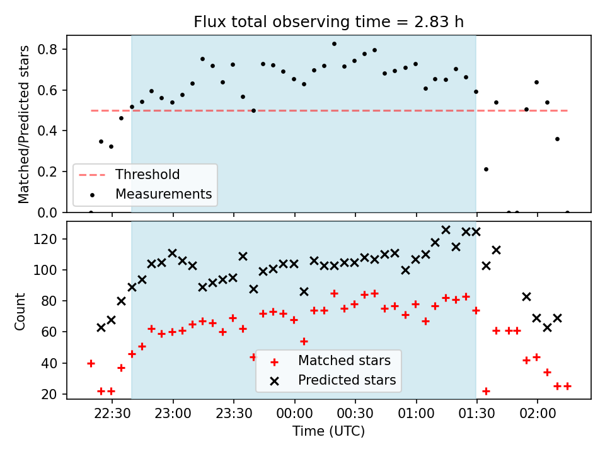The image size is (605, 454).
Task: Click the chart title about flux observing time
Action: [x=328, y=21]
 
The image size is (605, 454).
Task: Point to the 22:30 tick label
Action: [x=112, y=414]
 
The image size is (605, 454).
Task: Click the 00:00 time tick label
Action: [x=294, y=414]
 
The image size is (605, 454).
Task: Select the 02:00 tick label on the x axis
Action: [x=538, y=414]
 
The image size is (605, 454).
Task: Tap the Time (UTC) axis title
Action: [x=328, y=431]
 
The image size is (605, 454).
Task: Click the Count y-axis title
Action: [x=20, y=311]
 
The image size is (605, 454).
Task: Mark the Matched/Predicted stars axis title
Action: [x=23, y=124]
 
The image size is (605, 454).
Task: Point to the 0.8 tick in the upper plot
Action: [x=47, y=49]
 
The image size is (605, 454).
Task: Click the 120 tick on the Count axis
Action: [x=45, y=239]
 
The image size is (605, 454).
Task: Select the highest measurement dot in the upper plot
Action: [x=334, y=44]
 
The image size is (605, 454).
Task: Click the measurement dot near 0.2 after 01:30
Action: [x=486, y=170]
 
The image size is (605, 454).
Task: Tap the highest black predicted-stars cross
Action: [x=446, y=230]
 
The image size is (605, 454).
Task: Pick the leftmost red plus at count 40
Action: [x=91, y=363]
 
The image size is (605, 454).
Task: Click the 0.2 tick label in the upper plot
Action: [x=47, y=172]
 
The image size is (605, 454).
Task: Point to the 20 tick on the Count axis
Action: [x=49, y=394]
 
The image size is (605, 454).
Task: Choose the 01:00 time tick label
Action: [x=416, y=414]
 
